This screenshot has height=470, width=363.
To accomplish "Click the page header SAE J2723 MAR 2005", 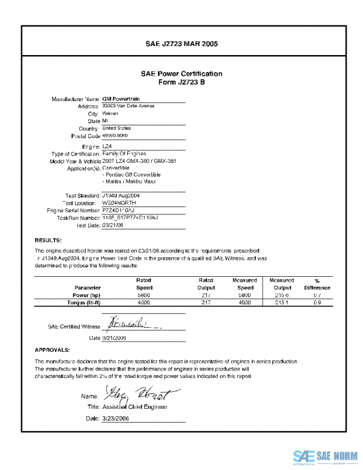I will pyautogui.click(x=181, y=44).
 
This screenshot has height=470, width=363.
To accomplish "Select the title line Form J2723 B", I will pyautogui.click(x=181, y=82).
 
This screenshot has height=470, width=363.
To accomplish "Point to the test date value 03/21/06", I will pyautogui.click(x=113, y=225).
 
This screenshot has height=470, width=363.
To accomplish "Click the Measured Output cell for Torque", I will pyautogui.click(x=281, y=302).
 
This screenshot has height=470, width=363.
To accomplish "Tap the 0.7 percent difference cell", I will pyautogui.click(x=317, y=294).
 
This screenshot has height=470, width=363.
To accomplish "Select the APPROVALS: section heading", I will pyautogui.click(x=52, y=349).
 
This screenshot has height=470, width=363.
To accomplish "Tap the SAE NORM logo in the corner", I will pyautogui.click(x=325, y=456).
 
